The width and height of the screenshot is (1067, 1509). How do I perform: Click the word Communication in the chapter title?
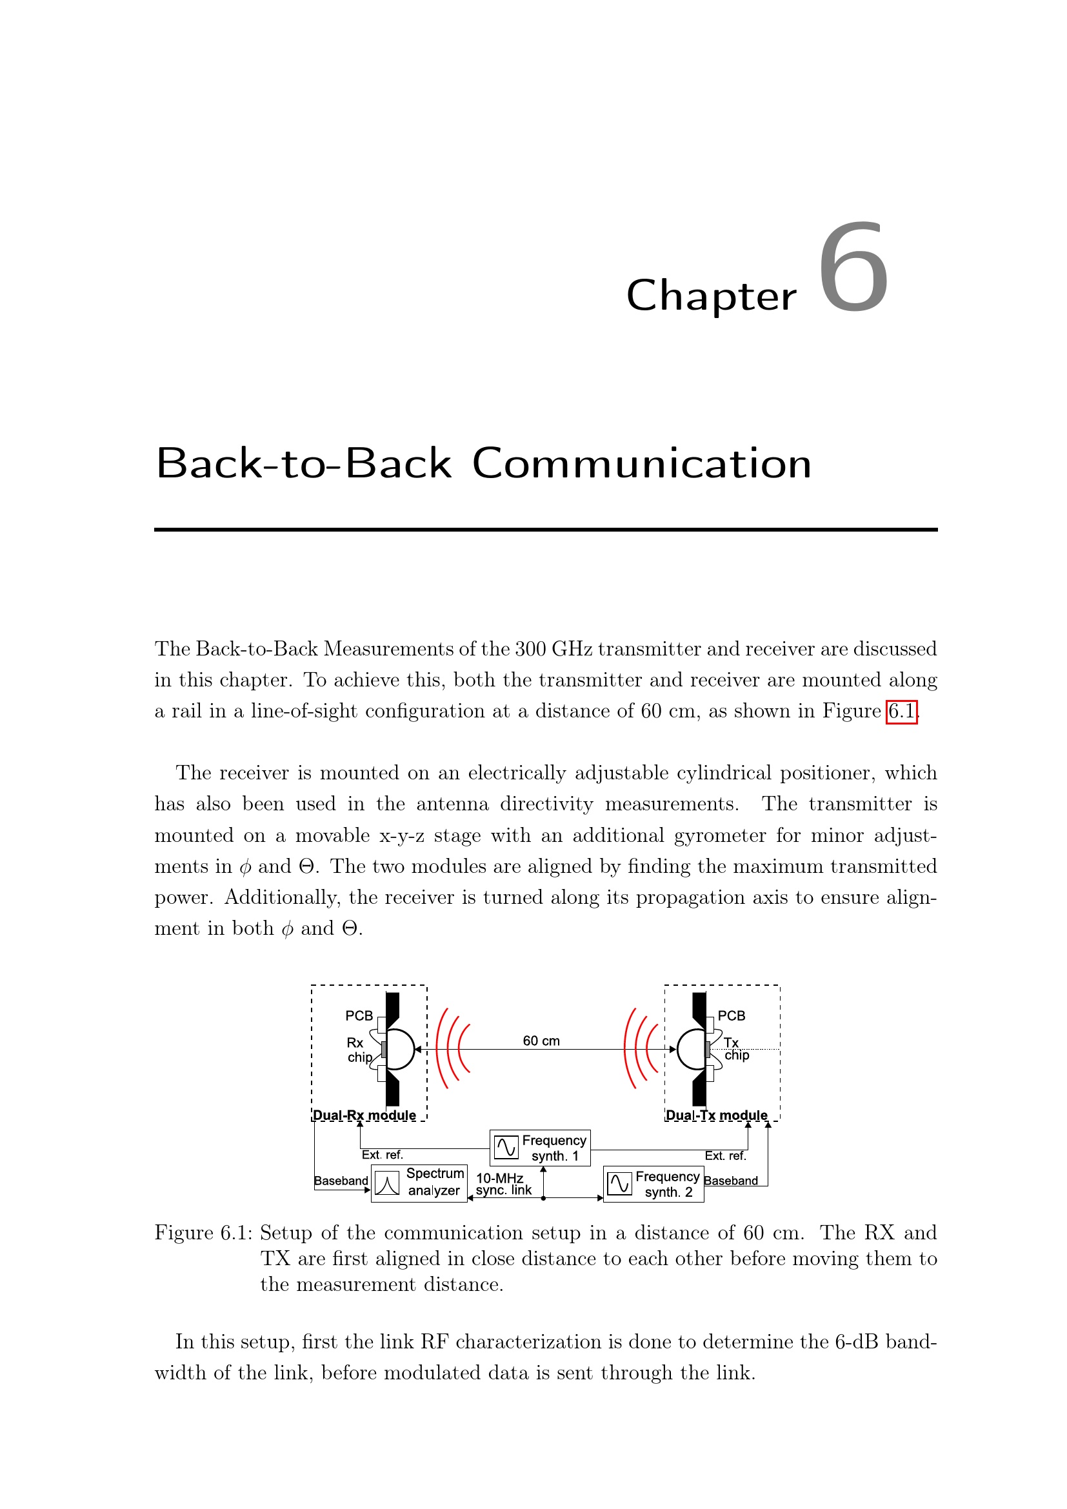[x=642, y=463]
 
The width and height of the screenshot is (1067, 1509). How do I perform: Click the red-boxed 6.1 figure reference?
[x=901, y=711]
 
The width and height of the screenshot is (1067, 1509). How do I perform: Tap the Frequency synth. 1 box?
[x=540, y=1148]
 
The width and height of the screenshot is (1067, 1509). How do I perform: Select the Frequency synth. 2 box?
[x=653, y=1184]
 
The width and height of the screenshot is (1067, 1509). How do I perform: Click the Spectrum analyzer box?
[x=419, y=1183]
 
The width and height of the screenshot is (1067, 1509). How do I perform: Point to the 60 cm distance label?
[x=541, y=1041]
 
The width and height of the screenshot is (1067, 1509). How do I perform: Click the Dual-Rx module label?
[x=364, y=1115]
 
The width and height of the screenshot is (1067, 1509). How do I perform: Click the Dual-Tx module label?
[x=717, y=1115]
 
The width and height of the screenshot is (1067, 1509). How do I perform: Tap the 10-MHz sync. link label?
[x=503, y=1184]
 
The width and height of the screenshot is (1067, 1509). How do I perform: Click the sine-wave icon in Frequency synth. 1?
[x=506, y=1148]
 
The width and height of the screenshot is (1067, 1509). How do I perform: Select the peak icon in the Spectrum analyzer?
[x=387, y=1184]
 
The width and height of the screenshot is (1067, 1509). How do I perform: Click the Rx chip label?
[x=358, y=1050]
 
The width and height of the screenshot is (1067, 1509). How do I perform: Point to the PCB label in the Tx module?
[x=732, y=1016]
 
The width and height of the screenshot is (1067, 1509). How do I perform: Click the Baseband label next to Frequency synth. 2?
[x=731, y=1181]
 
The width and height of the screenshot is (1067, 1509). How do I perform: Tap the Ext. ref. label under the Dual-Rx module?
[x=383, y=1155]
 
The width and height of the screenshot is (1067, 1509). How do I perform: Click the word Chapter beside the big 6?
[x=712, y=295]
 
